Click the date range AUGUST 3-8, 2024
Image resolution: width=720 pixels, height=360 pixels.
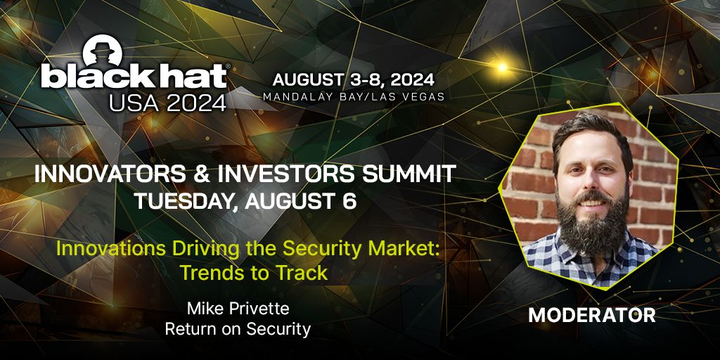(353, 80)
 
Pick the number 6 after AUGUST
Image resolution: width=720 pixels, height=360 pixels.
(350, 202)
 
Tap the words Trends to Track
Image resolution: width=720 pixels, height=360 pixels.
(254, 273)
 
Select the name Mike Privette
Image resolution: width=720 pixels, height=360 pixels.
(238, 309)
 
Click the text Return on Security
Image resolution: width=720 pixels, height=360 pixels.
(238, 329)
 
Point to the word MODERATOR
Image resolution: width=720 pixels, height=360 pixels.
(592, 315)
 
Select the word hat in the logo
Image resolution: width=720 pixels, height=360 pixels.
(189, 76)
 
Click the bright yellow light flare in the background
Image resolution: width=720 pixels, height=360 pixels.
(502, 67)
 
